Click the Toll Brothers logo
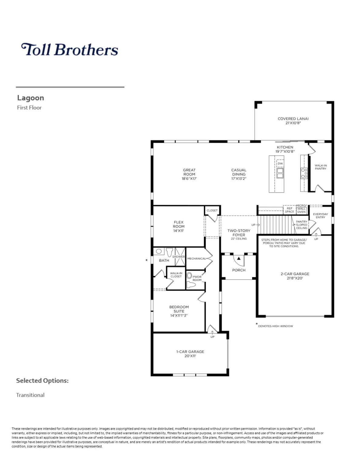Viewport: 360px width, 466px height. tap(70, 49)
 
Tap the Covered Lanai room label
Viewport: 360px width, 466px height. tap(293, 119)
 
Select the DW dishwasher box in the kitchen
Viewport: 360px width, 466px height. tap(280, 164)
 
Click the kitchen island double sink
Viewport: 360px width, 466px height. tap(280, 173)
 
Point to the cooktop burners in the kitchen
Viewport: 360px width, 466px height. tap(304, 173)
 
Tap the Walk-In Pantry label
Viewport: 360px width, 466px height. tap(321, 167)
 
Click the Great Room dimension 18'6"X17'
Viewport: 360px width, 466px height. tap(189, 178)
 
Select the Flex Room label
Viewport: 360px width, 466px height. tap(179, 224)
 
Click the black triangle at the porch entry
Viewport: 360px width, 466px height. tap(239, 258)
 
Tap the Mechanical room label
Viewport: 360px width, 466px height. tap(197, 258)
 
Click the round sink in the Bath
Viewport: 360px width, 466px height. tap(159, 251)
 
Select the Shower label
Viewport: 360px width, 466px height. tap(179, 257)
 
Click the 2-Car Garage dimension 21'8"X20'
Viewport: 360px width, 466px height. tap(295, 278)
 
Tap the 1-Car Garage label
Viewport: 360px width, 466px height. tap(190, 352)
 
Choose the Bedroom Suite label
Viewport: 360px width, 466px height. tap(179, 309)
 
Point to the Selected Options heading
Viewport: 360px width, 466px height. tap(42, 381)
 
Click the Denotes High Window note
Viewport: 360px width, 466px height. tap(275, 326)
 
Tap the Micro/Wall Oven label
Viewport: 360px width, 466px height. tap(301, 209)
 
